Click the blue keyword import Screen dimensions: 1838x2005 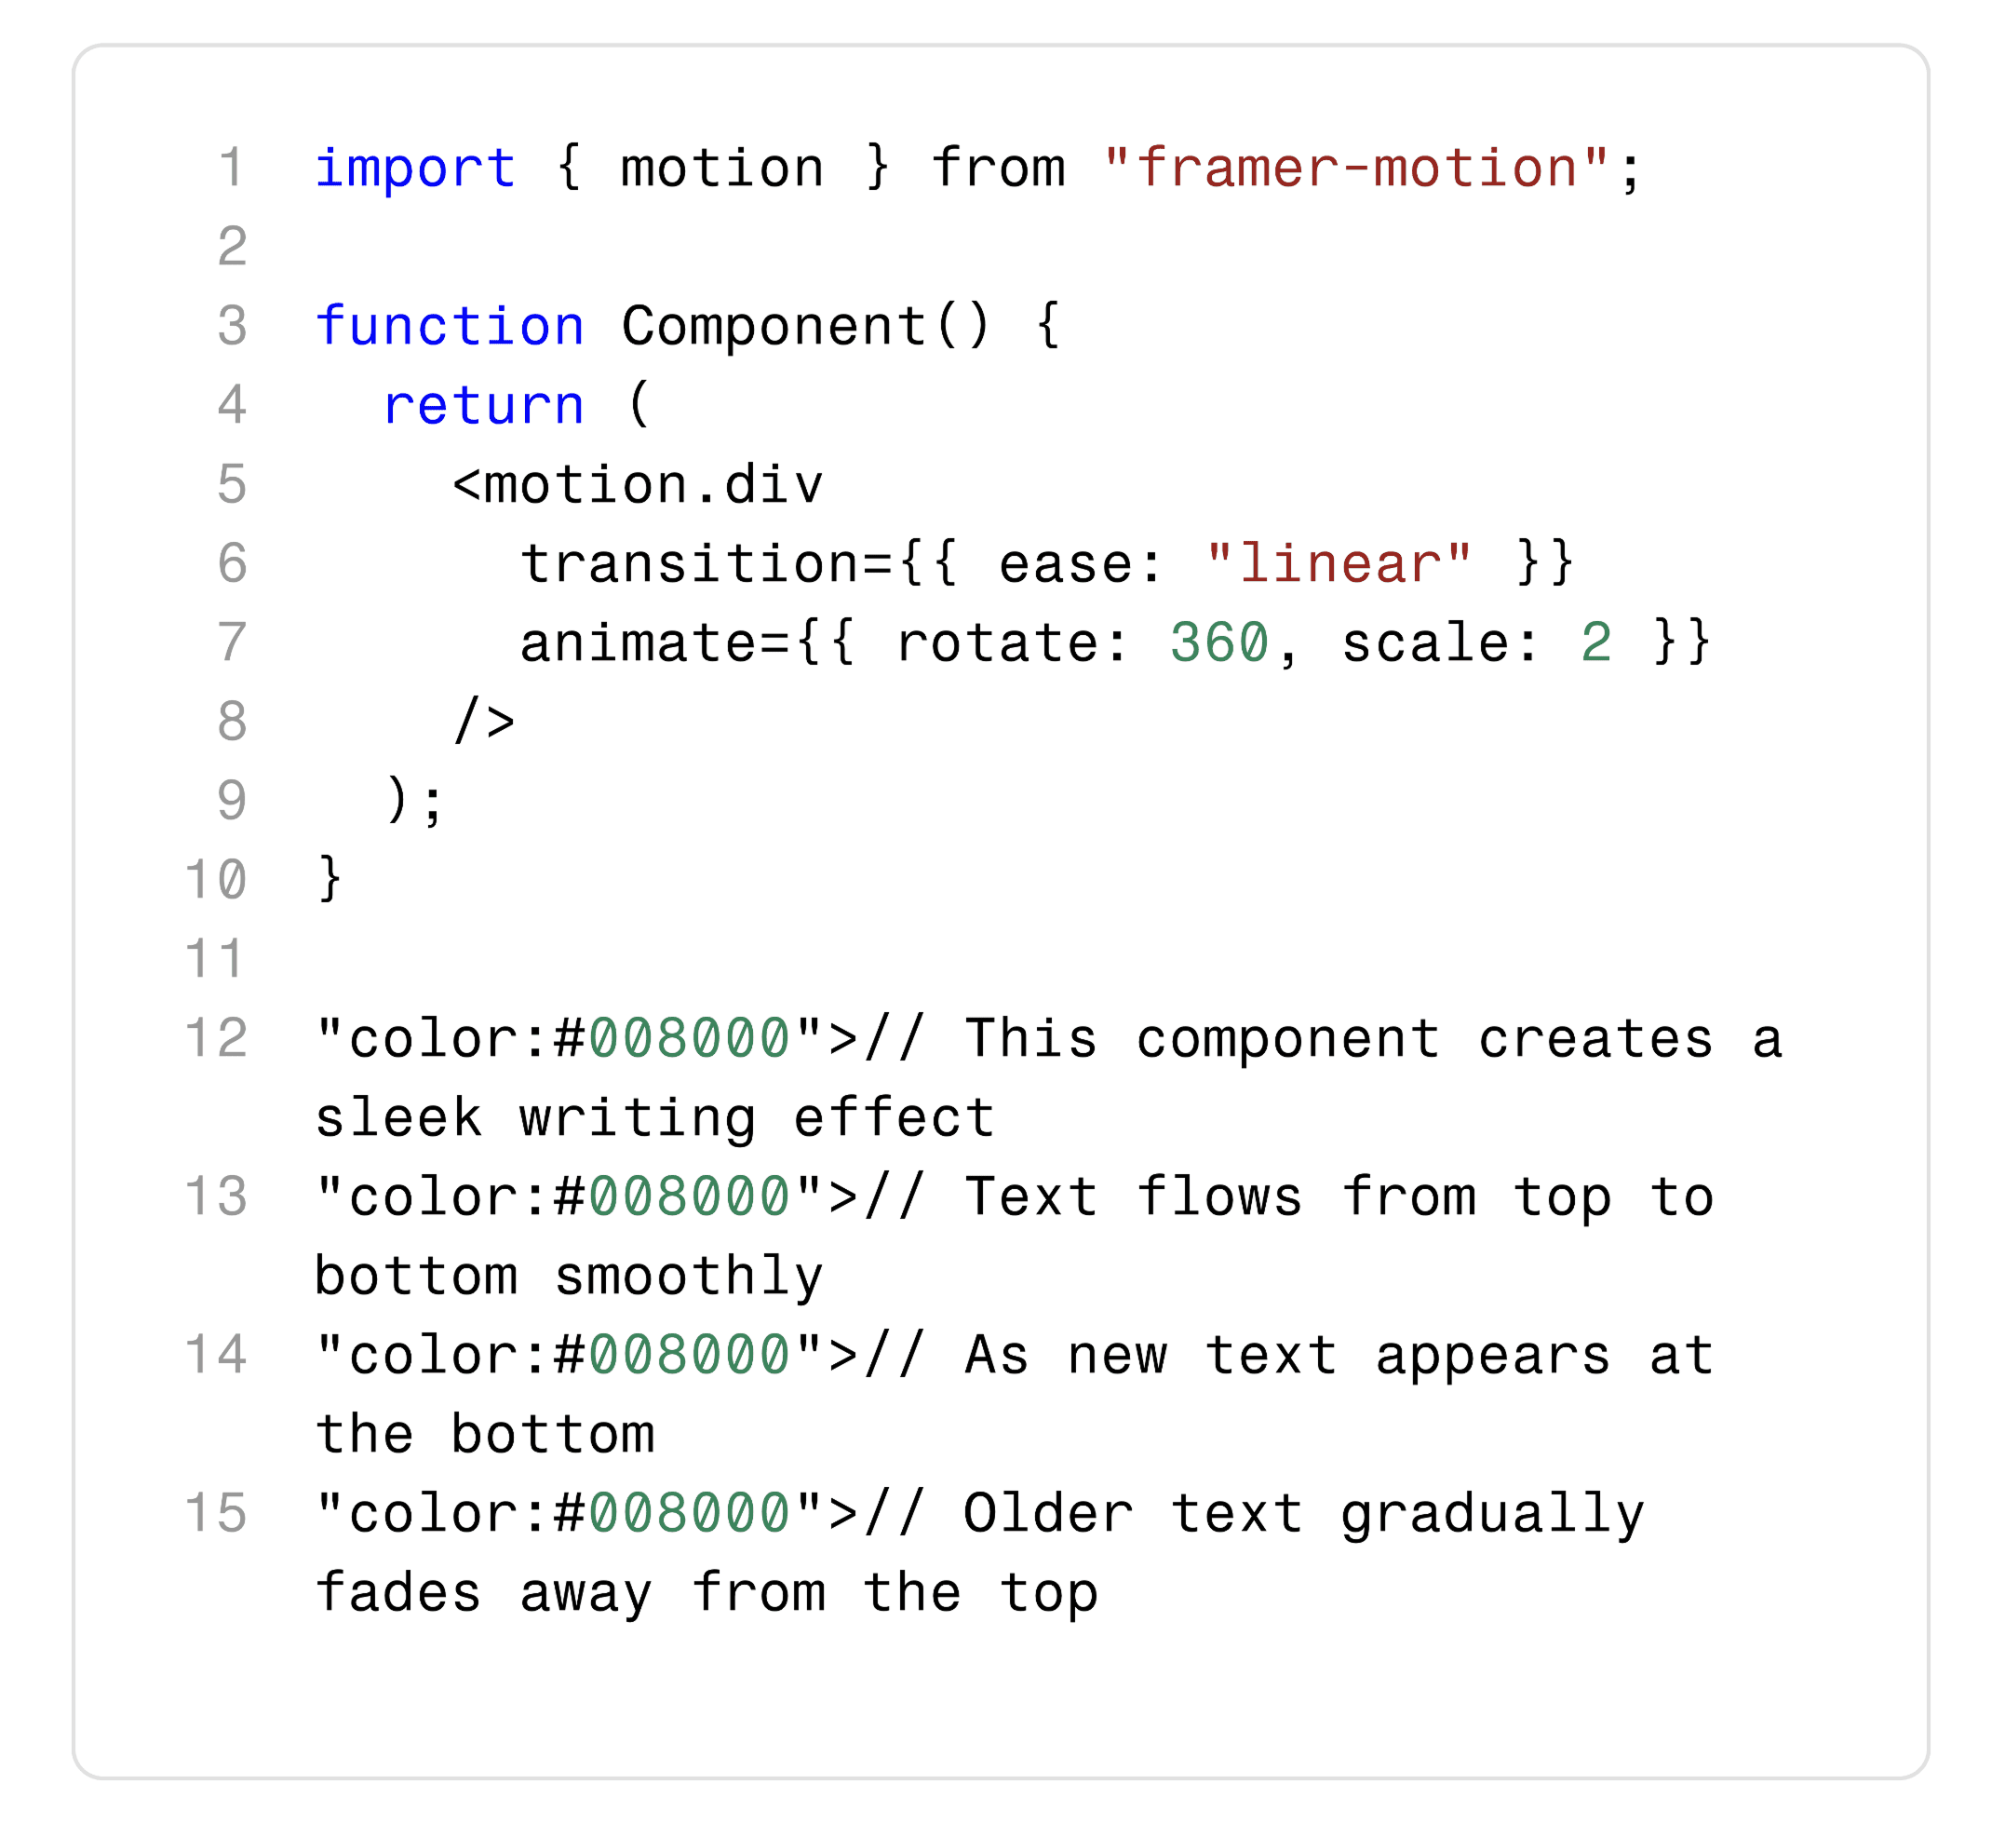point(415,169)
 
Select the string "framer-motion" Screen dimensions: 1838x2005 point(1356,169)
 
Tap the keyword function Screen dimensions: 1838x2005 point(450,327)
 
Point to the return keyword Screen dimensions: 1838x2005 point(483,406)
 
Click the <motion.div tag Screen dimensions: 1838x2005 point(638,485)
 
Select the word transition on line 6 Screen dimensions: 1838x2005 point(689,565)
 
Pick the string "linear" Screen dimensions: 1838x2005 point(1339,565)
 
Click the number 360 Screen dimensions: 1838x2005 point(1219,643)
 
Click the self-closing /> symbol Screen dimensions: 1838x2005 point(484,723)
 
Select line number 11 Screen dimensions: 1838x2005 point(215,960)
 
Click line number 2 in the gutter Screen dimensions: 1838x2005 point(232,247)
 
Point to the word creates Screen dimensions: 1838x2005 point(1595,1040)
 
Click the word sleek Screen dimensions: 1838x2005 point(398,1119)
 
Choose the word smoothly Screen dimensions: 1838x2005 point(689,1277)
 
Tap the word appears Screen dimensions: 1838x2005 point(1492,1357)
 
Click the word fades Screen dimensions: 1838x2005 point(398,1594)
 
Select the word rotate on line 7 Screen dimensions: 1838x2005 point(998,643)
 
